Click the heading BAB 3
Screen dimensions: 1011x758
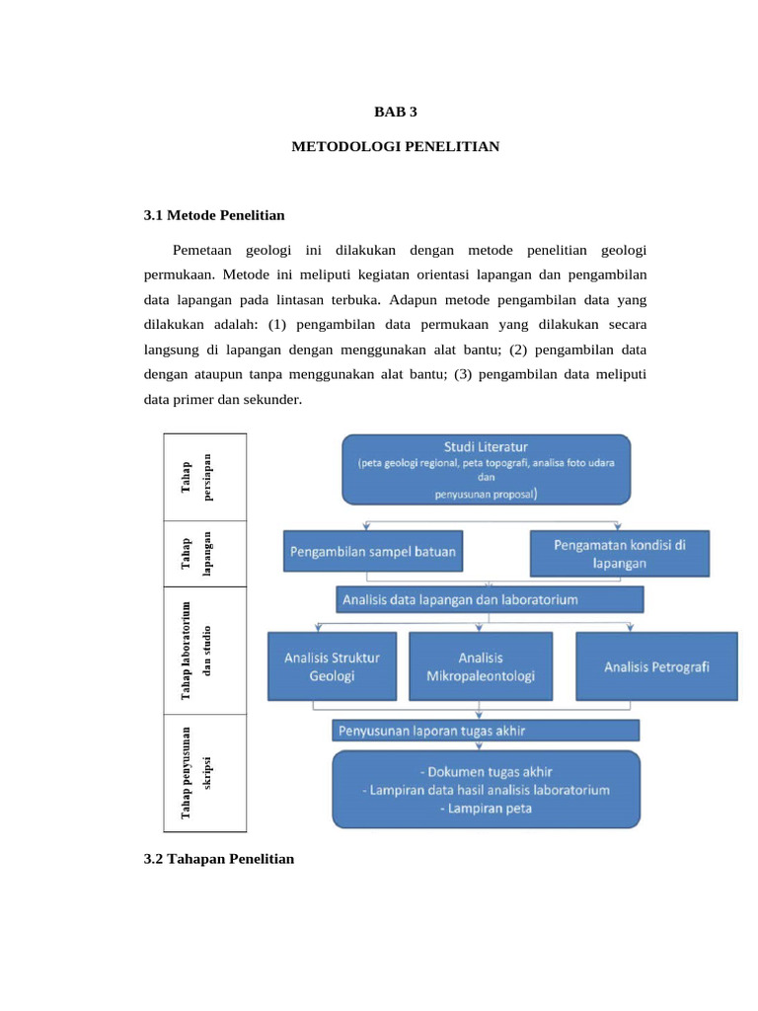(x=396, y=113)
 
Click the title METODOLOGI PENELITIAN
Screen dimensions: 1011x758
(x=396, y=147)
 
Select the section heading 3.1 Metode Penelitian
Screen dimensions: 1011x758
(x=214, y=215)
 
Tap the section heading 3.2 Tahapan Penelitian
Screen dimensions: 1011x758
(x=219, y=859)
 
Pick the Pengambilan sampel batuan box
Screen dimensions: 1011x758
(x=372, y=553)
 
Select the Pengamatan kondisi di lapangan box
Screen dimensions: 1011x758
(x=620, y=553)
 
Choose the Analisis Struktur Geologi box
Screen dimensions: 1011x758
(x=332, y=667)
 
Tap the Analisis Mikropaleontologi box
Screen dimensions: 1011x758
(x=481, y=667)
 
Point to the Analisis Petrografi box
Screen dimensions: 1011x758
(x=656, y=667)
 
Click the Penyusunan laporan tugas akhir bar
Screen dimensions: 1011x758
(x=486, y=731)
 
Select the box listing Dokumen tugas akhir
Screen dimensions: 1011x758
(x=486, y=790)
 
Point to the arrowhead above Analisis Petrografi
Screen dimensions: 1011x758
(x=629, y=626)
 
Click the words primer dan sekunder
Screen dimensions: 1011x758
(x=241, y=401)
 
